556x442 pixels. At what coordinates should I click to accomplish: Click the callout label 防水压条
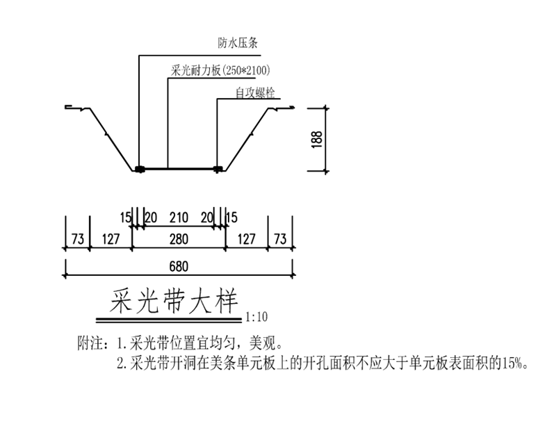click(238, 43)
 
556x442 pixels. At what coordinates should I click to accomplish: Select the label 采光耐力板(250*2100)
click(220, 70)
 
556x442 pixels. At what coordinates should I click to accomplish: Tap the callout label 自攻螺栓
click(255, 93)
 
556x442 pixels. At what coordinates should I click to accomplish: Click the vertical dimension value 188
click(318, 139)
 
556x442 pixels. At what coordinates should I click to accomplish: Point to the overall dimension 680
click(179, 267)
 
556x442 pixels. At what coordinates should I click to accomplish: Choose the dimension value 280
click(179, 239)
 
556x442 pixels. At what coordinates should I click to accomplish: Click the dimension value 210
click(179, 218)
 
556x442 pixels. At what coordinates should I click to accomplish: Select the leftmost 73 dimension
click(78, 239)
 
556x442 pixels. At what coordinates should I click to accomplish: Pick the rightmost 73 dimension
click(280, 239)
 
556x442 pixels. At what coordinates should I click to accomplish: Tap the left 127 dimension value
click(111, 239)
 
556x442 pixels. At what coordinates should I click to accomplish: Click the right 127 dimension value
click(247, 239)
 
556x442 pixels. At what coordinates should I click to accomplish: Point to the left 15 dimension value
click(126, 218)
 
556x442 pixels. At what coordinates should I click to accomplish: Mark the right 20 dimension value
click(207, 218)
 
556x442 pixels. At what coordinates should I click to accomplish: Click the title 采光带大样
click(173, 302)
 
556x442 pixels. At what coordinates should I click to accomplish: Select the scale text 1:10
click(256, 316)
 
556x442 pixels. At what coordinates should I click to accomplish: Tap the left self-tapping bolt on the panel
click(140, 169)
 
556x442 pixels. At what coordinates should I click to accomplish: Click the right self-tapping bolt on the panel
click(218, 169)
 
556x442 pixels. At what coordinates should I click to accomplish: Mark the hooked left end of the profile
click(69, 107)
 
